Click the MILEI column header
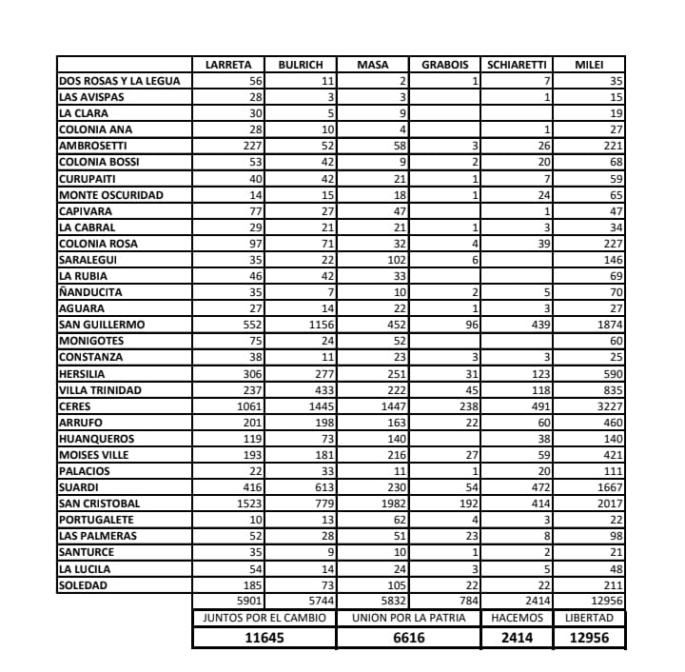[589, 65]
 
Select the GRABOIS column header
[445, 65]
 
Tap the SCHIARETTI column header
[517, 65]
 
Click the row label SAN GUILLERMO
[102, 325]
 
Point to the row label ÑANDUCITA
[90, 292]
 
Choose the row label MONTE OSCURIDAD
[110, 195]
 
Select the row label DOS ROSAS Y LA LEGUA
[119, 81]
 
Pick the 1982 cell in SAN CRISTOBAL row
[391, 504]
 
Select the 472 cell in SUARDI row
[538, 487]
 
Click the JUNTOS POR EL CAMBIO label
[264, 618]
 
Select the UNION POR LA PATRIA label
[408, 618]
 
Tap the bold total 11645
[264, 638]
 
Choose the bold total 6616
[408, 638]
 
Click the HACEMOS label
[517, 618]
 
